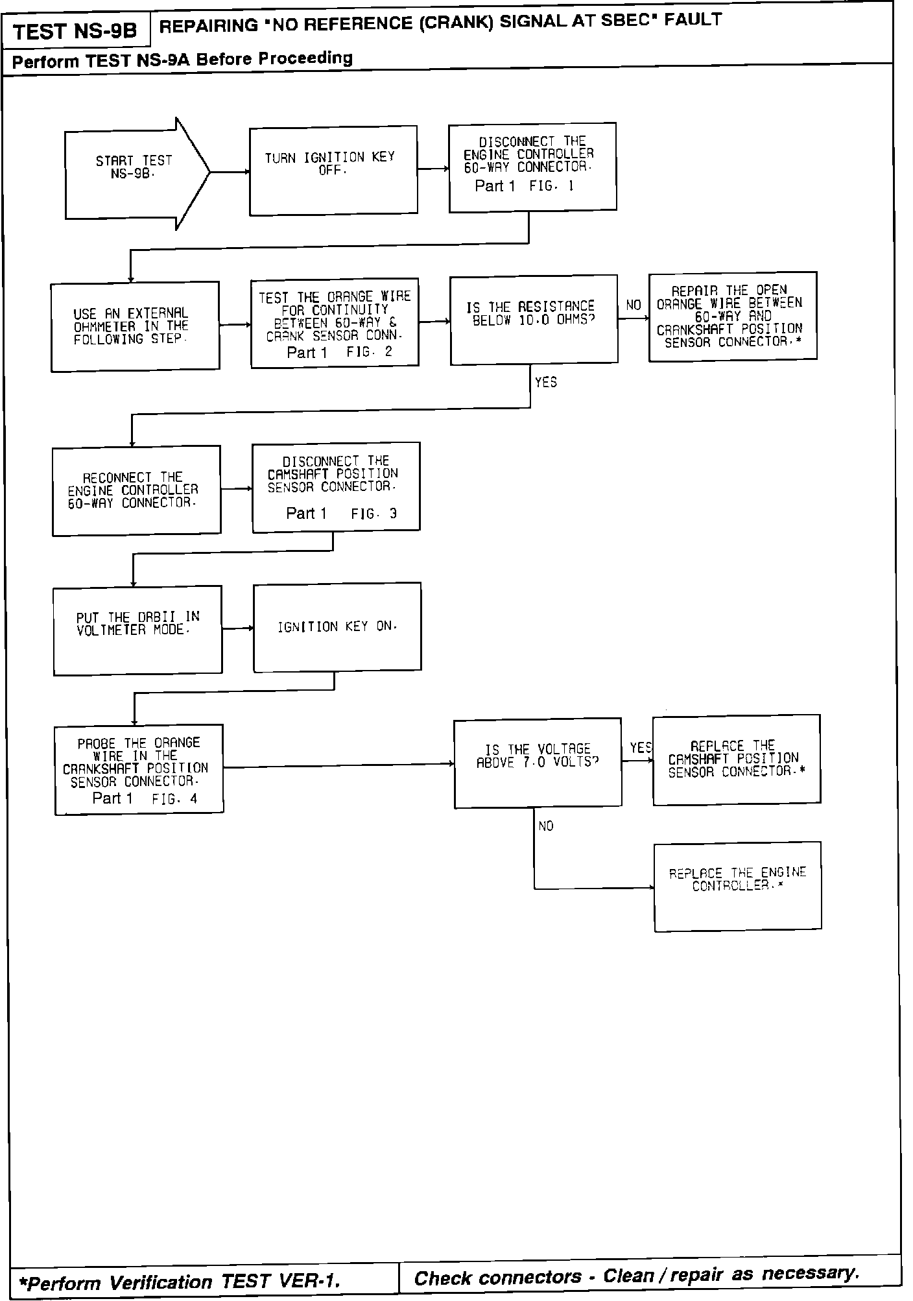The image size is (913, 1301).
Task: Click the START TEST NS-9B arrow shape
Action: tap(133, 174)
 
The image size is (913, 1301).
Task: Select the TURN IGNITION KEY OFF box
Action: tap(333, 170)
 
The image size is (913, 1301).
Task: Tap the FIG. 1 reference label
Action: tap(552, 186)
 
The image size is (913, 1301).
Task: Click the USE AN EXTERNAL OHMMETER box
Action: tap(135, 326)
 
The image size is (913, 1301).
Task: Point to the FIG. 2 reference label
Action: tap(370, 352)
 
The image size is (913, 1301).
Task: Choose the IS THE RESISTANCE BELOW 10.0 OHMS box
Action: tap(534, 319)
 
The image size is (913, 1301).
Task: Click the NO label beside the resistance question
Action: tap(634, 305)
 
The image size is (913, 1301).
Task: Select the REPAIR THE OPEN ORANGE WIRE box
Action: tap(733, 316)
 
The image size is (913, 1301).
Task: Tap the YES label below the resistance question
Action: tap(546, 383)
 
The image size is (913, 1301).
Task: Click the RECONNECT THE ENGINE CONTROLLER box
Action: tap(136, 490)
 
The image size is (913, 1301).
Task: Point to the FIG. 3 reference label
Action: tap(374, 514)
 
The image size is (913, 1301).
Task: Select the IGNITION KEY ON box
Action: tap(337, 627)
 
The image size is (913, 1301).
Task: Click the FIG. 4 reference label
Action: tap(174, 799)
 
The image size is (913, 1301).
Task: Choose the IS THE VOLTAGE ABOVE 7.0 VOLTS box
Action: tap(538, 763)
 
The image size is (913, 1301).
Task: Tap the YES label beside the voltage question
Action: tap(640, 748)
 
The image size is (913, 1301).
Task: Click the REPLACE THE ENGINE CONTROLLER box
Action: tap(738, 886)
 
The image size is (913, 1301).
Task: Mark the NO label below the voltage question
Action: tap(546, 826)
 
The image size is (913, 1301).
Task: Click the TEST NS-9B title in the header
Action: tap(75, 31)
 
